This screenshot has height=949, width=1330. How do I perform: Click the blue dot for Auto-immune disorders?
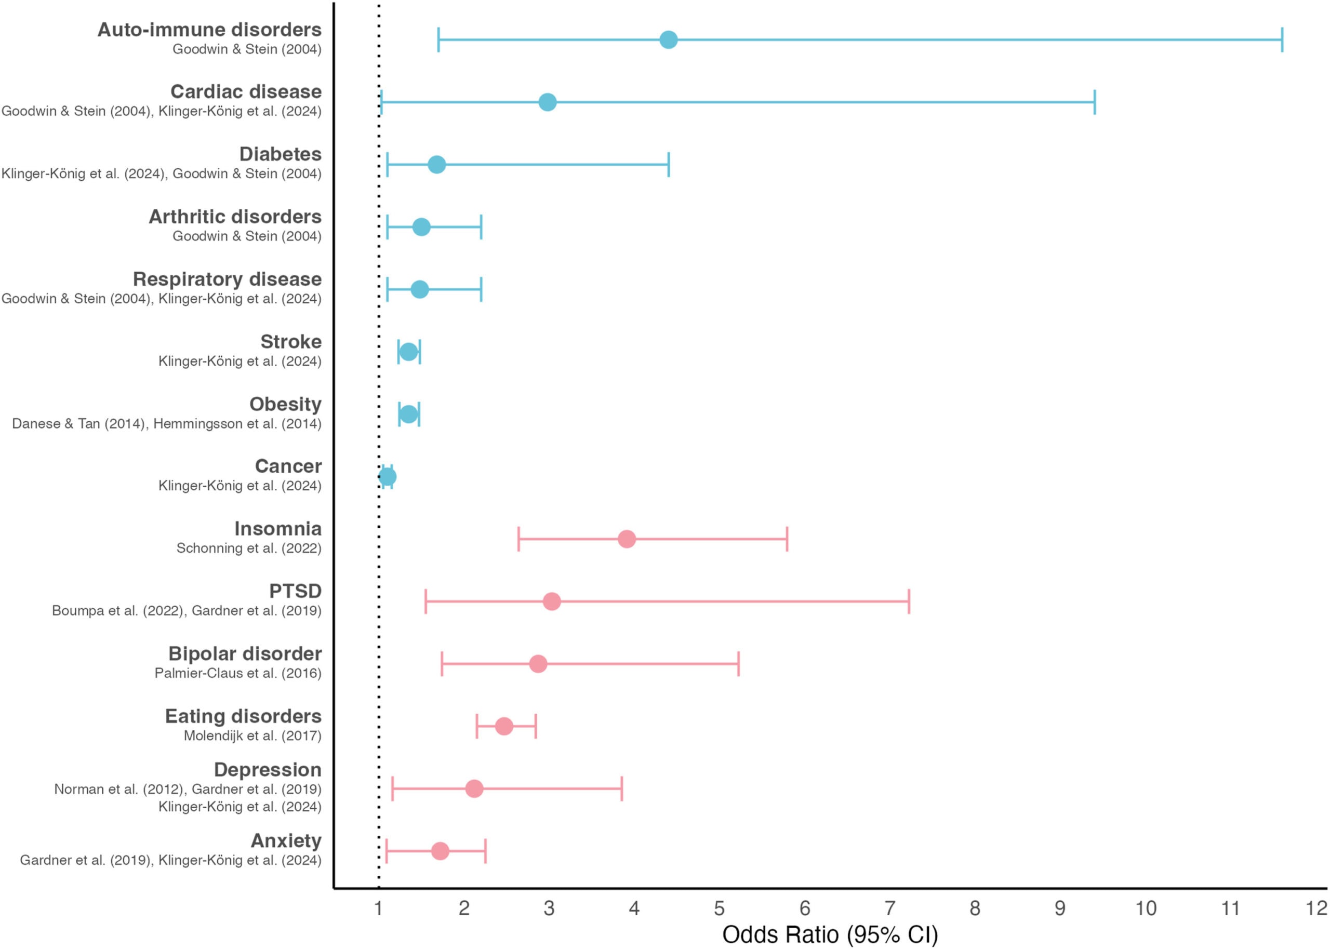(x=668, y=39)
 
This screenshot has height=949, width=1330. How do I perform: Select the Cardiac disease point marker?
(x=547, y=102)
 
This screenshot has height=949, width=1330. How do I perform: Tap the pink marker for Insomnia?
(x=627, y=539)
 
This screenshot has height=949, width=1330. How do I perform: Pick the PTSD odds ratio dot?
(x=551, y=602)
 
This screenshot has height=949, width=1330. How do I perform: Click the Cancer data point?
(x=388, y=477)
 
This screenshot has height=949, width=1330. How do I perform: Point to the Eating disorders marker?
(x=504, y=726)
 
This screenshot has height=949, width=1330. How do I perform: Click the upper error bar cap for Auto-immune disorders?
(x=1282, y=39)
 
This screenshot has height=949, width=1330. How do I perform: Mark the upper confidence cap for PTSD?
(x=909, y=602)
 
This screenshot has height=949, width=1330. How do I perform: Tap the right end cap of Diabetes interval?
(x=668, y=165)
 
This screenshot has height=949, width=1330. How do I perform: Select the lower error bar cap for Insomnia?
(x=518, y=539)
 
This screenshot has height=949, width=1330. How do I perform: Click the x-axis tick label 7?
(x=890, y=908)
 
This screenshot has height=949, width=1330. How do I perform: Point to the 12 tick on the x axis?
(x=1316, y=908)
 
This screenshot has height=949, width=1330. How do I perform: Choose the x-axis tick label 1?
(x=379, y=908)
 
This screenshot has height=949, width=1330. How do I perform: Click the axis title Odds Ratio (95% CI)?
(x=830, y=934)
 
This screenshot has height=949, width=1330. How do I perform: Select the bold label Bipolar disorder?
(x=245, y=653)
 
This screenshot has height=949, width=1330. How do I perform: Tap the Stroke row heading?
(x=291, y=341)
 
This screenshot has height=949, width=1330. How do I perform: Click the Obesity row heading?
(x=285, y=404)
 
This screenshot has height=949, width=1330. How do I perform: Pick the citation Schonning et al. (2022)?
(x=249, y=548)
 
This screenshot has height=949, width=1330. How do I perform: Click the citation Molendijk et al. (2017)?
(x=252, y=736)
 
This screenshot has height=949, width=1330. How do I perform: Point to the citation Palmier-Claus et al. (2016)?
(x=238, y=673)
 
